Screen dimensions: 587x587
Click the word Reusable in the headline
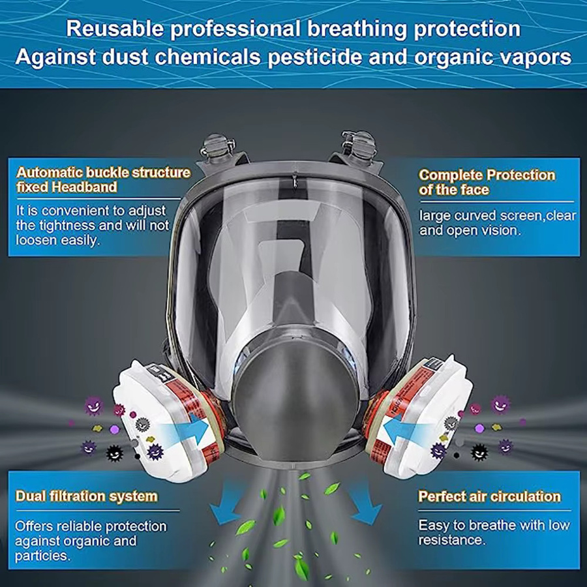pos(115,29)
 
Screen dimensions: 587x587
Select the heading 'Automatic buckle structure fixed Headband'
pos(104,180)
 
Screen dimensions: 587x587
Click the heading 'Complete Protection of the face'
pos(487,183)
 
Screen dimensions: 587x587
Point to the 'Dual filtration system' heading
pos(87,496)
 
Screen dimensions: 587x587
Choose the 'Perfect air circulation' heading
pos(489,496)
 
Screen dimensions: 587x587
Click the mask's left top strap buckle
pos(218,147)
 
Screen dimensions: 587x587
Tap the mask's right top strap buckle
pos(359,145)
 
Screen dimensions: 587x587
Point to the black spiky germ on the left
pos(115,453)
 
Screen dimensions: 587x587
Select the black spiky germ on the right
pos(479,452)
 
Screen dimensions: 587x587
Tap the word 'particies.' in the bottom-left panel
pos(42,556)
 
